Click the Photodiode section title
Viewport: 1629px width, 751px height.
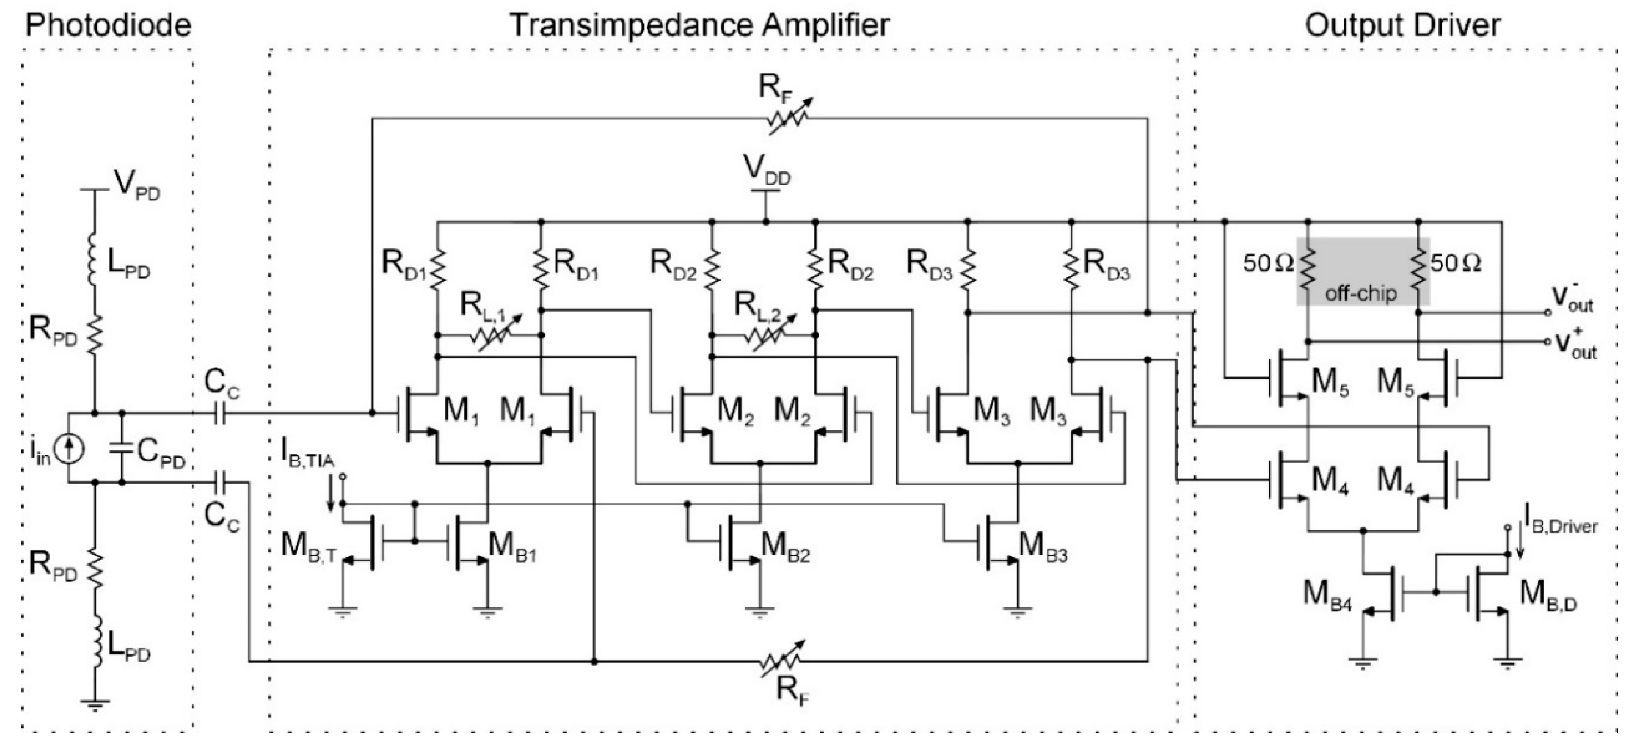click(x=108, y=26)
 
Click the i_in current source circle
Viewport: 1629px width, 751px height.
click(x=69, y=448)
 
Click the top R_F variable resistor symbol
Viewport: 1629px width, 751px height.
click(x=787, y=118)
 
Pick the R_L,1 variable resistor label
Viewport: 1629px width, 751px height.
click(x=482, y=307)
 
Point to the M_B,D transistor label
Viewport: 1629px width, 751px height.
click(x=1547, y=595)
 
